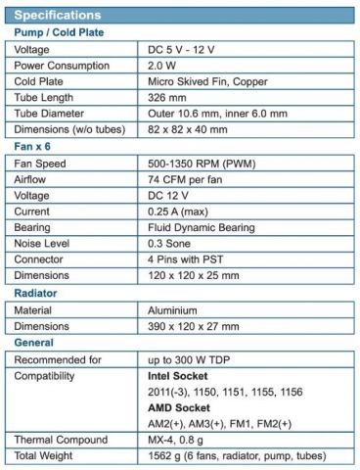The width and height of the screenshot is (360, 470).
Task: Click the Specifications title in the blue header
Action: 56,16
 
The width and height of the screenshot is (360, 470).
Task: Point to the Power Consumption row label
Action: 63,68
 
